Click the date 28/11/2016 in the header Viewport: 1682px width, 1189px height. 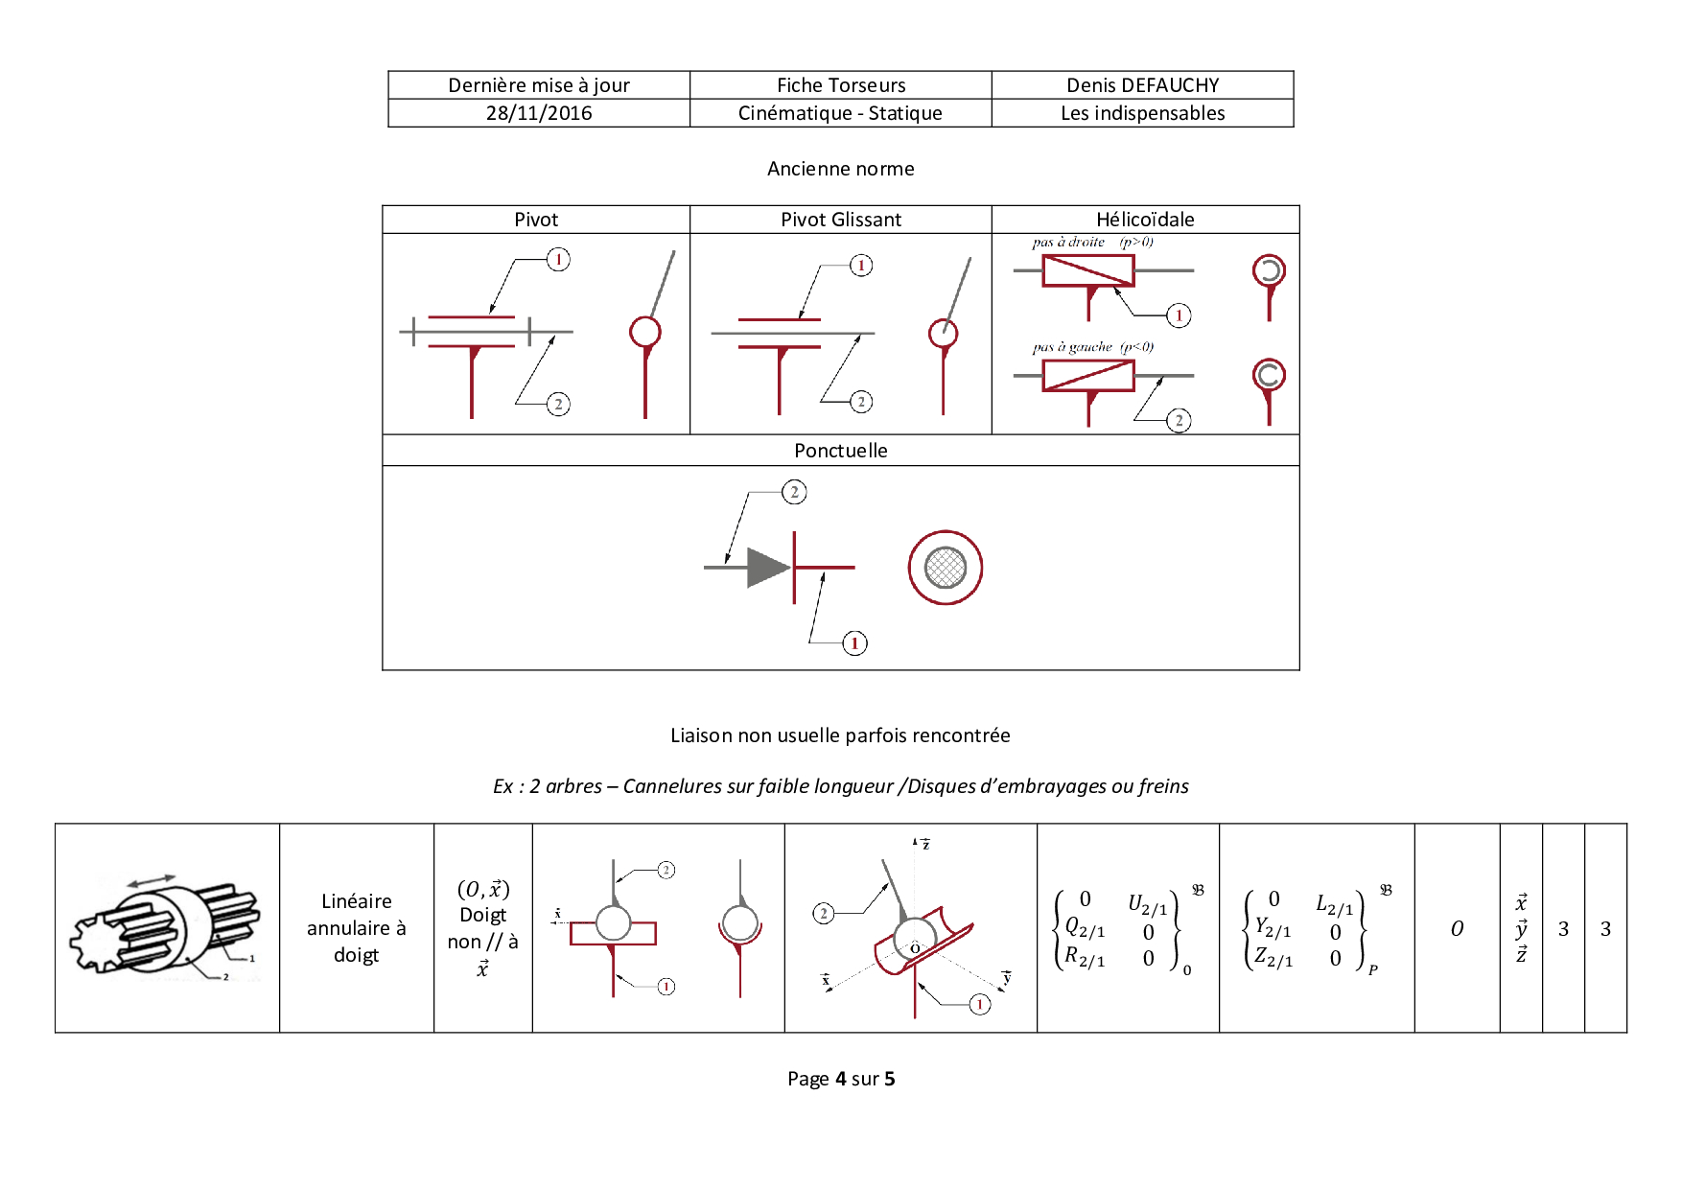[x=539, y=113]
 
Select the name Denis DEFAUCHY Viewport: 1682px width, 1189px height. [x=1142, y=85]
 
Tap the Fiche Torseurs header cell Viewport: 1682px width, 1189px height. [x=841, y=85]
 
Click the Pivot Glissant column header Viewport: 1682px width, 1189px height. [x=841, y=220]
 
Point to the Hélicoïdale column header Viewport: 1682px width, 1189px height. [x=1145, y=220]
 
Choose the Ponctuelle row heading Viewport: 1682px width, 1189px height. [x=841, y=451]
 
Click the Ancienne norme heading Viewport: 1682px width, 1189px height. [x=841, y=169]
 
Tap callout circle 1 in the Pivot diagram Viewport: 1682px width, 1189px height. [x=558, y=260]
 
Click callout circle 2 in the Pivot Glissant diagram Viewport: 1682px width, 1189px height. [x=861, y=402]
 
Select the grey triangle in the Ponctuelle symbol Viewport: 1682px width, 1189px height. [x=768, y=568]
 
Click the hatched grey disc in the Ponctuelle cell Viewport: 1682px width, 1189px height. [x=946, y=568]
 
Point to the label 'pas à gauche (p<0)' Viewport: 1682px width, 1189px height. [x=1093, y=347]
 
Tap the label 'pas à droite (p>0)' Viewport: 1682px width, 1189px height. [x=1093, y=243]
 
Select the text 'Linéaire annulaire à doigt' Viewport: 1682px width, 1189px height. [x=357, y=928]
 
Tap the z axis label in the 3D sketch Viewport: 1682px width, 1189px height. [x=926, y=845]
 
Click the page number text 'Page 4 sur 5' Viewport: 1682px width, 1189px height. [x=841, y=1079]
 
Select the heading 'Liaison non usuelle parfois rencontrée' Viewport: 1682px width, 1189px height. [x=840, y=735]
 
